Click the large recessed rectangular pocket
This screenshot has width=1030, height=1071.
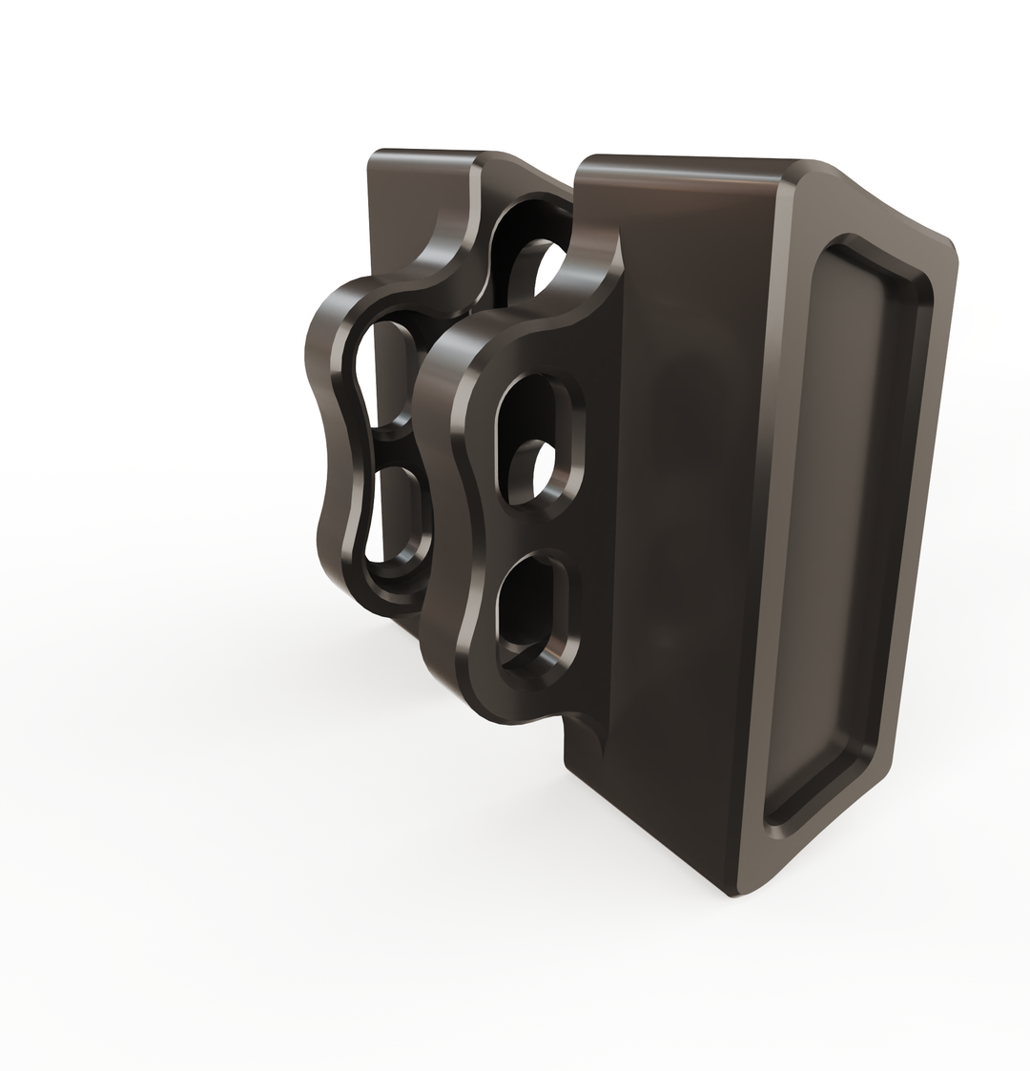(x=849, y=525)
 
